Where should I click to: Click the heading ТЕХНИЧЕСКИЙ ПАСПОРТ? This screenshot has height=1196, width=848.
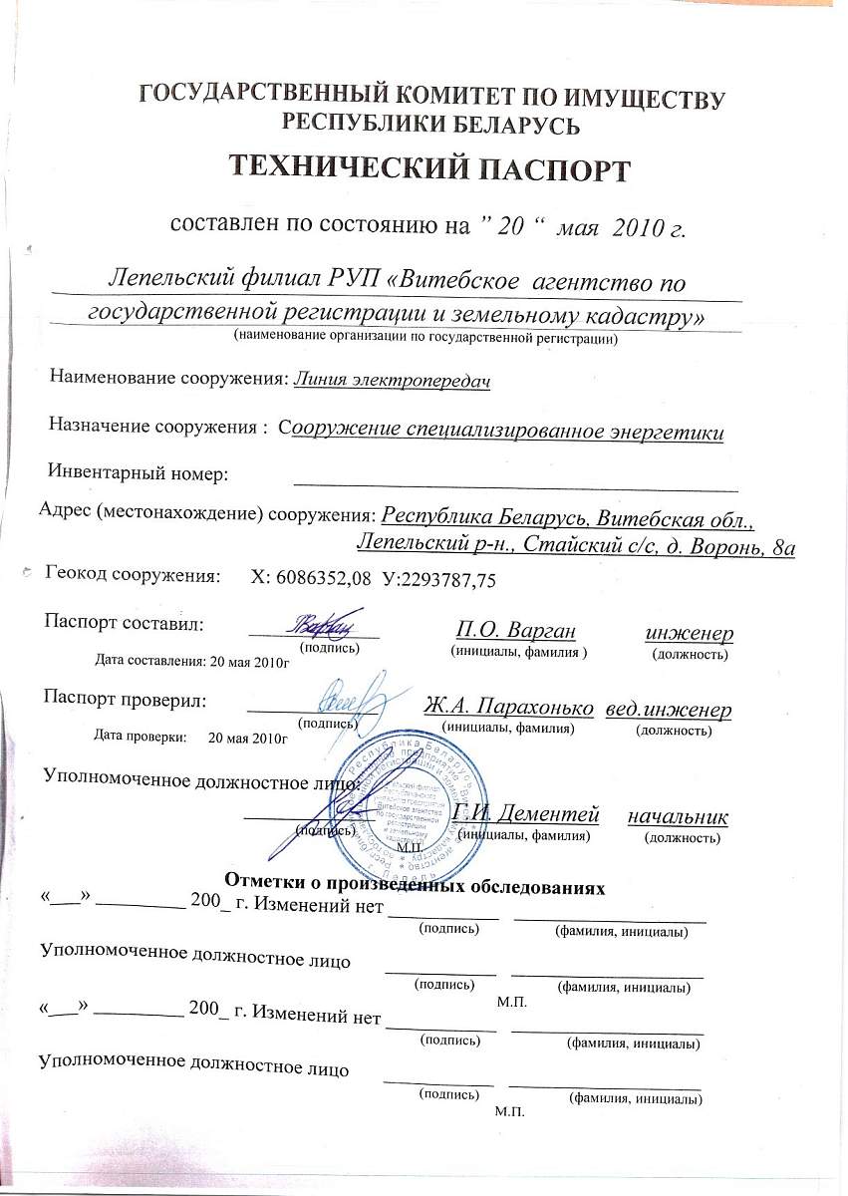(431, 167)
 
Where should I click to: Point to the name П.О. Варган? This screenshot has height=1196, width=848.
(515, 630)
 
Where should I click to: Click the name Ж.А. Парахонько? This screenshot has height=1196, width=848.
(508, 706)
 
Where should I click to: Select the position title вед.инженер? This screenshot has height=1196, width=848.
(669, 710)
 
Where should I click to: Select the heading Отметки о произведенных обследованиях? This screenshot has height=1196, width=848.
(416, 883)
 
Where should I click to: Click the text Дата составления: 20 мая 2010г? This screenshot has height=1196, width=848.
(190, 660)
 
